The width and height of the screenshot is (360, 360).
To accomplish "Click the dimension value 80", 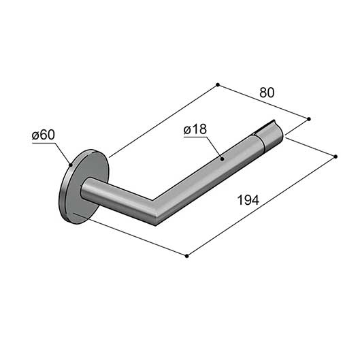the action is point(267,93).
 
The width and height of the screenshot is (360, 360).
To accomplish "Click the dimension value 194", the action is point(248,200).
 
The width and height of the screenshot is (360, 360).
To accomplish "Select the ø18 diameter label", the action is point(195,129).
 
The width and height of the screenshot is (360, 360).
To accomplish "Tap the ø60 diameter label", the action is point(44,135).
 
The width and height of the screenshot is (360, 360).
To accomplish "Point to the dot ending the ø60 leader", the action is point(71,165).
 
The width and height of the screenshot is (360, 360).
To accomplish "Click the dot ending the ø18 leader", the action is point(222,159).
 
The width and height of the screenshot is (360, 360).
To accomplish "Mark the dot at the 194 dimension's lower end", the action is point(186,256).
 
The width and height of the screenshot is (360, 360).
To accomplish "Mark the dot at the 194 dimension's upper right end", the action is point(336,157).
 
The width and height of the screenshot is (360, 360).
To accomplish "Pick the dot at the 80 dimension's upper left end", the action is point(218,84).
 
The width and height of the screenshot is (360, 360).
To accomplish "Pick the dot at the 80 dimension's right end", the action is point(309,119).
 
